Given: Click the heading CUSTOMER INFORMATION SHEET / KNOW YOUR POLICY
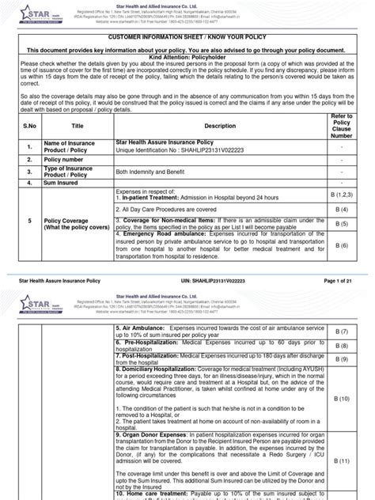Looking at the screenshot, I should tap(187, 37).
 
